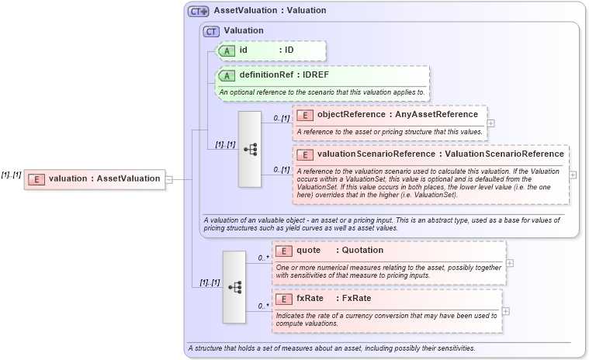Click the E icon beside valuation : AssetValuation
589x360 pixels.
point(36,179)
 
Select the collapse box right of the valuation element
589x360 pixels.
point(168,179)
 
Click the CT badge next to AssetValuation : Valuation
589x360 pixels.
point(199,12)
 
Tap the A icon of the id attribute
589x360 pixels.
point(227,50)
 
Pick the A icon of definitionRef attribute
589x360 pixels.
point(227,76)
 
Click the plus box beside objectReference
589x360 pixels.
point(490,123)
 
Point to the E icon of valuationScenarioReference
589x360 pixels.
point(304,154)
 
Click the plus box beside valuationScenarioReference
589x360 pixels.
point(573,175)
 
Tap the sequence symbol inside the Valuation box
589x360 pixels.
point(250,149)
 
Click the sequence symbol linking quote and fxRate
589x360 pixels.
point(234,287)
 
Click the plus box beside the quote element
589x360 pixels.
point(510,263)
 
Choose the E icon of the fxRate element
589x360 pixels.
point(284,299)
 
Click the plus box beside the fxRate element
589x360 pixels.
point(506,311)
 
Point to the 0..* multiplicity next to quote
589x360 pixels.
point(262,257)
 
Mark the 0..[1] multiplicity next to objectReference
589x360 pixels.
point(280,119)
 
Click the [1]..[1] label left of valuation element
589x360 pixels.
point(11,175)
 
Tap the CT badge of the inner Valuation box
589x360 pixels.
point(210,31)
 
